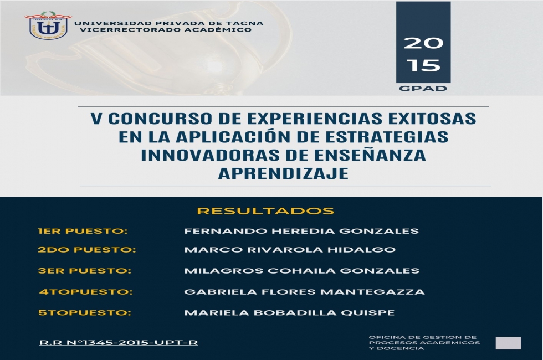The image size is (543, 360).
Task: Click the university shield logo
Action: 48,25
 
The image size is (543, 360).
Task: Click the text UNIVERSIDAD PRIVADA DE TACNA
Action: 168,23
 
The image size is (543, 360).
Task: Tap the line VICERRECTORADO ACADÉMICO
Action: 166,30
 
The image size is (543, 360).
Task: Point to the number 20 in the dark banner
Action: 423,43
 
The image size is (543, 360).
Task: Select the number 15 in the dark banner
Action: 423,65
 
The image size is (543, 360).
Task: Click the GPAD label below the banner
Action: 423,88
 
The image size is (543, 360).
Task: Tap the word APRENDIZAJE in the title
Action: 283,173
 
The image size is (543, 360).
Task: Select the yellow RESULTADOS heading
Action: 265,211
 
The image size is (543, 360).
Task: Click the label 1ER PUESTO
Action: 83,232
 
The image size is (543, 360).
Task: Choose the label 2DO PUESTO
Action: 86,250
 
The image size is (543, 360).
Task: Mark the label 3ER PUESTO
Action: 84,271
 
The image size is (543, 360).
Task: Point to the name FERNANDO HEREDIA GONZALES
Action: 301,232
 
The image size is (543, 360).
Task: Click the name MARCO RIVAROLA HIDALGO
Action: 290,250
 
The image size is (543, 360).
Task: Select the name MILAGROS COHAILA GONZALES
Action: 301,271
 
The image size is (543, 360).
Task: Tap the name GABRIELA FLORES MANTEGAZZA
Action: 304,292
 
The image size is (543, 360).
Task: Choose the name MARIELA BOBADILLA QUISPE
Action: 289,313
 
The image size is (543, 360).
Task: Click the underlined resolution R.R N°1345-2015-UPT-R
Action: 119,343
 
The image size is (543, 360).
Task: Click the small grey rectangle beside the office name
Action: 509,343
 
